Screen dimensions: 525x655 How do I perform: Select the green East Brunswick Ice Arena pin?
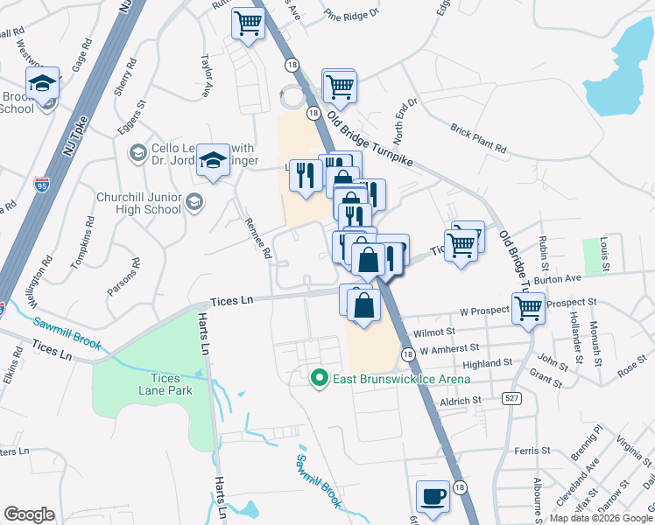[x=320, y=379]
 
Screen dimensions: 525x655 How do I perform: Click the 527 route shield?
[x=512, y=398]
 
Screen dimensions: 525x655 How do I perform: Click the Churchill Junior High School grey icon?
[x=194, y=202]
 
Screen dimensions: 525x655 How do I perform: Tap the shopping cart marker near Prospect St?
[x=529, y=309]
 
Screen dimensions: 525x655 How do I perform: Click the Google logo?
[x=29, y=514]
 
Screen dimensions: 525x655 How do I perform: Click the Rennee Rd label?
[x=257, y=239]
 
